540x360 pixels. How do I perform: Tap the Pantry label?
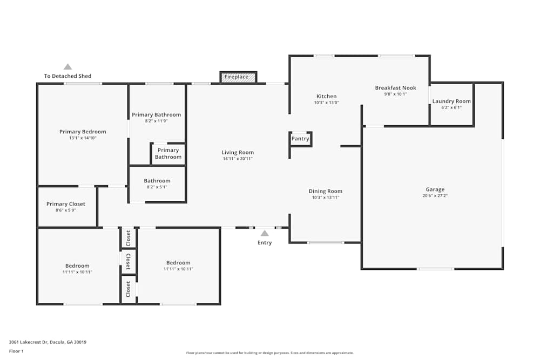[x=300, y=139]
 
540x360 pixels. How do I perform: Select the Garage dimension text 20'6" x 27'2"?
[x=435, y=196]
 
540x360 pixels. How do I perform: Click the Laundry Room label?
[x=451, y=101]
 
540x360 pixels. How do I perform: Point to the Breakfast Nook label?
[x=396, y=88]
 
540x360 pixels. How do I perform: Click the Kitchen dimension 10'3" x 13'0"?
[x=327, y=103]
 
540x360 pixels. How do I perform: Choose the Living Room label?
[x=238, y=152]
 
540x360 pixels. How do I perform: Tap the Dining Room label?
[x=326, y=192]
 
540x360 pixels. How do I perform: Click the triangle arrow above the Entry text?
[x=265, y=233]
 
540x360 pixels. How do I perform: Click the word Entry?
[x=265, y=243]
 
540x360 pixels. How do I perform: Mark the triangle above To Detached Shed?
[x=68, y=67]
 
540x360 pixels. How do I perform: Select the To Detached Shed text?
[x=68, y=76]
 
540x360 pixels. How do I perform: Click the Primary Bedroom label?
[x=83, y=132]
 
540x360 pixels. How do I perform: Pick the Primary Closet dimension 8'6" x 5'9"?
[x=66, y=210]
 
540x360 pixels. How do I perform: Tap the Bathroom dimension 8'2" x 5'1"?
[x=157, y=187]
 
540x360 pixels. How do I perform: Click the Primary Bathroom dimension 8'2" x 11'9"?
[x=157, y=121]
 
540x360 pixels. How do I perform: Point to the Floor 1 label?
[x=16, y=351]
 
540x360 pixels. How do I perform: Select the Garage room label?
[x=435, y=189]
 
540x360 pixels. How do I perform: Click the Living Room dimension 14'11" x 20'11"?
[x=238, y=159]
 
